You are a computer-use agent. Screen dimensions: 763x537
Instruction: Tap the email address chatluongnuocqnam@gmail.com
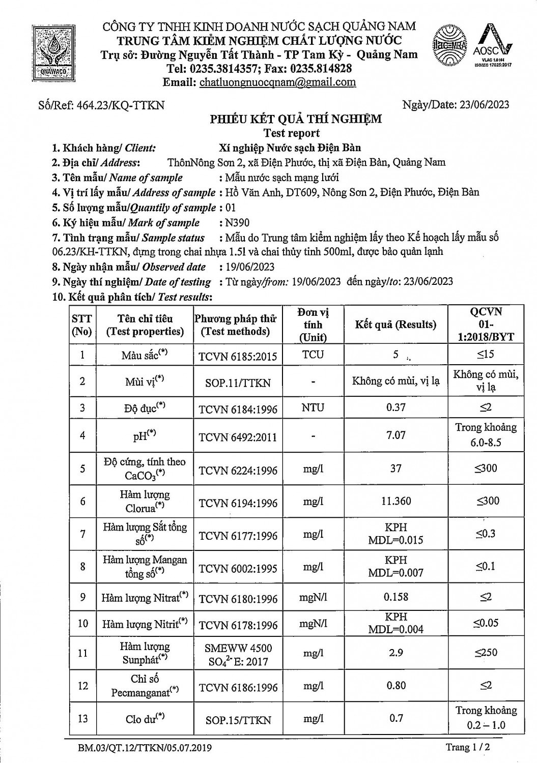[277, 82]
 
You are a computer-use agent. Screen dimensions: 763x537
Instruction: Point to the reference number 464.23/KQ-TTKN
[120, 105]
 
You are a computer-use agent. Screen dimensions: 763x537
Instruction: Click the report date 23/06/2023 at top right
[484, 105]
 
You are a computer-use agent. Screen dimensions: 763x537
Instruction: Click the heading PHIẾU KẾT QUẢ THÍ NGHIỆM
[296, 120]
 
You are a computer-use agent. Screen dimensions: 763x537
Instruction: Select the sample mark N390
[237, 223]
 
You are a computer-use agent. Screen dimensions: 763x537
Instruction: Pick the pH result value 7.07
[396, 435]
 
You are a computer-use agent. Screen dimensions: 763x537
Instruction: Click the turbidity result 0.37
[396, 407]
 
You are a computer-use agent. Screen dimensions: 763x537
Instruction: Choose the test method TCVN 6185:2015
[238, 356]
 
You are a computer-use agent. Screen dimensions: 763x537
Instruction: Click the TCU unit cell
[313, 354]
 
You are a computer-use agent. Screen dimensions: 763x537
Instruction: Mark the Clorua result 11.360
[396, 501]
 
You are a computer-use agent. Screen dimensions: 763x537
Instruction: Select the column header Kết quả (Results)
[395, 325]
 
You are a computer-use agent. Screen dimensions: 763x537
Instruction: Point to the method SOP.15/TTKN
[238, 720]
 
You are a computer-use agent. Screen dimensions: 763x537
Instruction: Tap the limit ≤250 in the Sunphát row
[486, 652]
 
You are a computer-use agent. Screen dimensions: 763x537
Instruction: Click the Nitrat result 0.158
[396, 596]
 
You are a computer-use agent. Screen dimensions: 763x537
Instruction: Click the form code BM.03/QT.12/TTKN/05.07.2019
[145, 748]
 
